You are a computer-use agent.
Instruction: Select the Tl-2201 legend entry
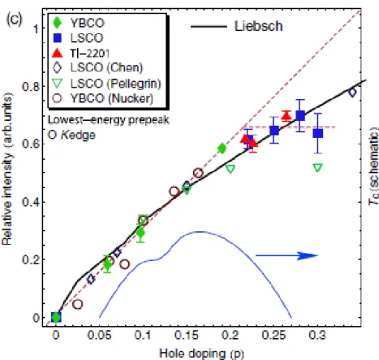[80, 54]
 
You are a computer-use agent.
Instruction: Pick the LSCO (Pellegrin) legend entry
[107, 84]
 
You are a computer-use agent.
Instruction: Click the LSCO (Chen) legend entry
[97, 67]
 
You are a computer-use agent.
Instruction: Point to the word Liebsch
[259, 26]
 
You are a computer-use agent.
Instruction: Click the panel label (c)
[14, 19]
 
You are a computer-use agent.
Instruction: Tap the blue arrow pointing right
[287, 255]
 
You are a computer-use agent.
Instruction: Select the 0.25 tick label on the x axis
[273, 336]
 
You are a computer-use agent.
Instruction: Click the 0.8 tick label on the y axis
[30, 87]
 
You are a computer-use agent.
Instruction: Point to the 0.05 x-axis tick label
[99, 336]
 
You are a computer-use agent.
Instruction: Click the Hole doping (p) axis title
[201, 354]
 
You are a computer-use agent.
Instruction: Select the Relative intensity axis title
[7, 169]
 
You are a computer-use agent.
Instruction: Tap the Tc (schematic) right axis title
[373, 165]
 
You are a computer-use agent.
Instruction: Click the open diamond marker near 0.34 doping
[352, 92]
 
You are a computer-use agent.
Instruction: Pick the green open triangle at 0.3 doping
[317, 168]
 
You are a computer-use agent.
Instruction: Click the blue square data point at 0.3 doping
[318, 133]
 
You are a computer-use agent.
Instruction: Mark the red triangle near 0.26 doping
[286, 116]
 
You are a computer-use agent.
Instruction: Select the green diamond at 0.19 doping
[222, 148]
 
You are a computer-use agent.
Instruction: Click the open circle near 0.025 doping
[78, 304]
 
